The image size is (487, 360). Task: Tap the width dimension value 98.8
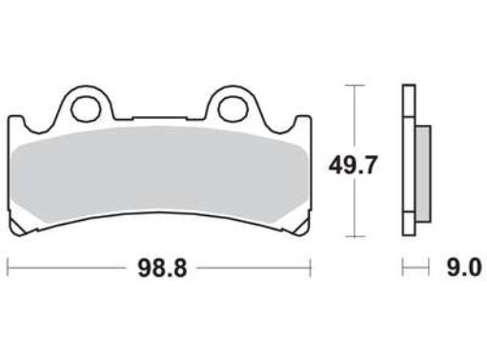[x=158, y=270]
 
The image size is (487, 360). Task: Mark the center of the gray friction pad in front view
[x=159, y=171]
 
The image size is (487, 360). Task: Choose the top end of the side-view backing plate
[x=409, y=89]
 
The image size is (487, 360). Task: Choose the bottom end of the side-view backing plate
[x=409, y=234]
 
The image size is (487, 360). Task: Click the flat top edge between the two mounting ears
[x=159, y=121]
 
